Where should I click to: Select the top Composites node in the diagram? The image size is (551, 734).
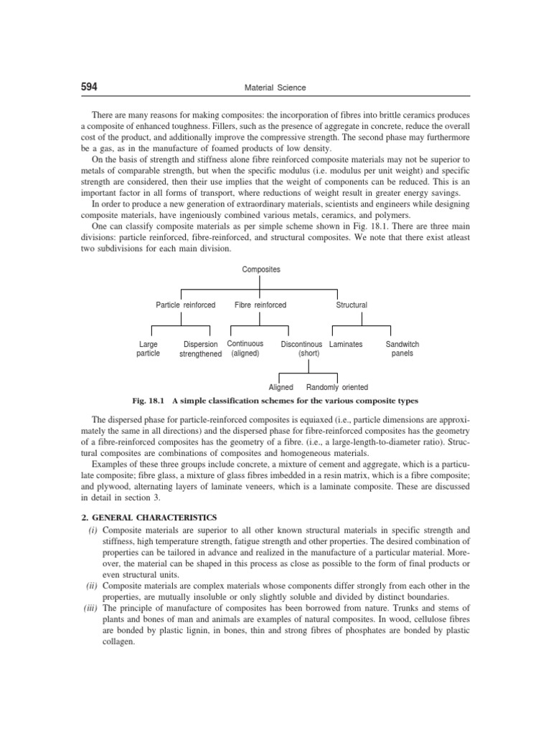(261, 270)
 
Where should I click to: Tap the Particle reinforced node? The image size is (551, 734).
(186, 305)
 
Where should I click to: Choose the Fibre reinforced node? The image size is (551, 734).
(260, 305)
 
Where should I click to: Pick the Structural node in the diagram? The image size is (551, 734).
(352, 305)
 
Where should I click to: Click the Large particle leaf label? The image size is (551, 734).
(148, 349)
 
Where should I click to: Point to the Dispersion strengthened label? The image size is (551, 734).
(200, 349)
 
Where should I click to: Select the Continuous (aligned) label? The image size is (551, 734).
(245, 348)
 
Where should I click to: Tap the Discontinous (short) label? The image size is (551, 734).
(301, 348)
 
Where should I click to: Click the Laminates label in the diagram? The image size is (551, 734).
(346, 344)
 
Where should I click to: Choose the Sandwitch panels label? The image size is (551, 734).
(402, 349)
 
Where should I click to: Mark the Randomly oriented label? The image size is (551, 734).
(337, 387)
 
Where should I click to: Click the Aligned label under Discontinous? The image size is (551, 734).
(281, 387)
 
